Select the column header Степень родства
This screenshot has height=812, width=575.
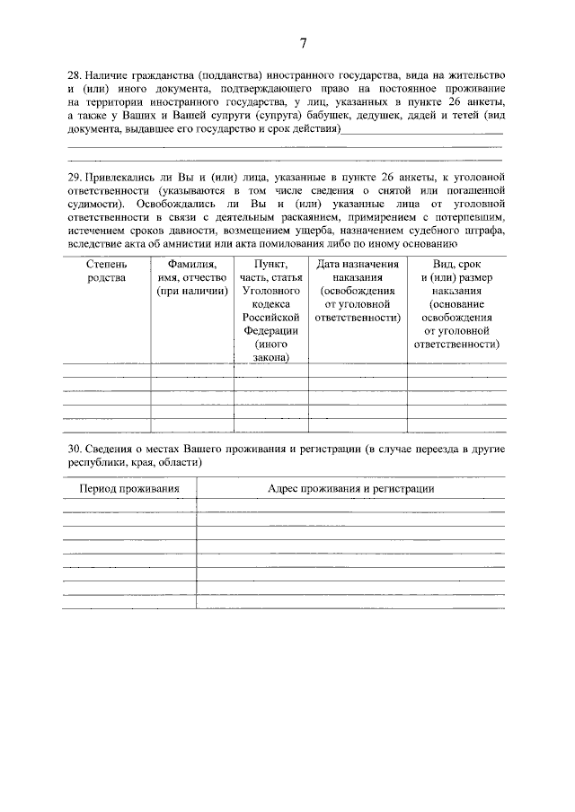106,271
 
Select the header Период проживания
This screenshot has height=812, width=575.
129,488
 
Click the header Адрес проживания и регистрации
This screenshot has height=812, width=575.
350,488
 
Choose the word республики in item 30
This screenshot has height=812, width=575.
94,463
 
